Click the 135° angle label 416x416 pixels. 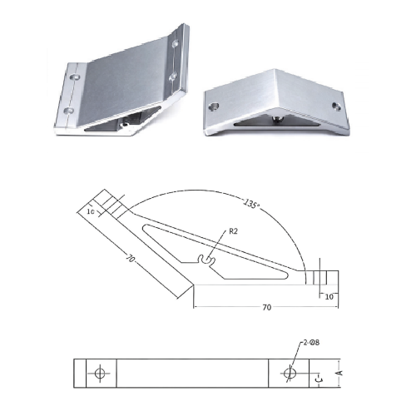(251, 204)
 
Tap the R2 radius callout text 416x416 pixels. (233, 231)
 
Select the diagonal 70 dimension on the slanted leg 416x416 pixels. (130, 259)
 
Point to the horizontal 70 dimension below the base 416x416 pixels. (266, 307)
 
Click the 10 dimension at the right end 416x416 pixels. (329, 297)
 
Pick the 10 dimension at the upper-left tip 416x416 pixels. (91, 211)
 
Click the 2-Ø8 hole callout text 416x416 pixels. (311, 343)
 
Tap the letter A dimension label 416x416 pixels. (340, 373)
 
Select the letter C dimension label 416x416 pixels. (319, 378)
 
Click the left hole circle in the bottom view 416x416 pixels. (100, 374)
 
